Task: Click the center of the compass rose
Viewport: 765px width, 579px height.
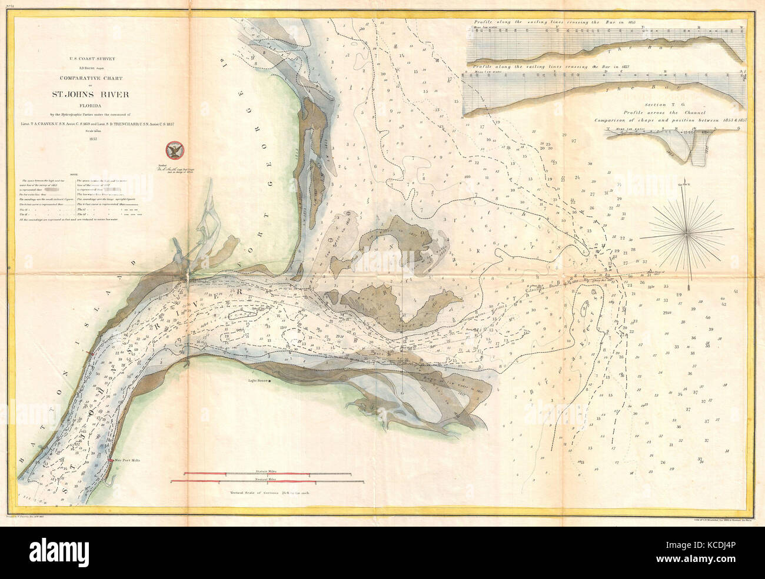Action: pyautogui.click(x=686, y=234)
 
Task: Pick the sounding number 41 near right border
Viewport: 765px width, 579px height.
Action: pyautogui.click(x=736, y=292)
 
